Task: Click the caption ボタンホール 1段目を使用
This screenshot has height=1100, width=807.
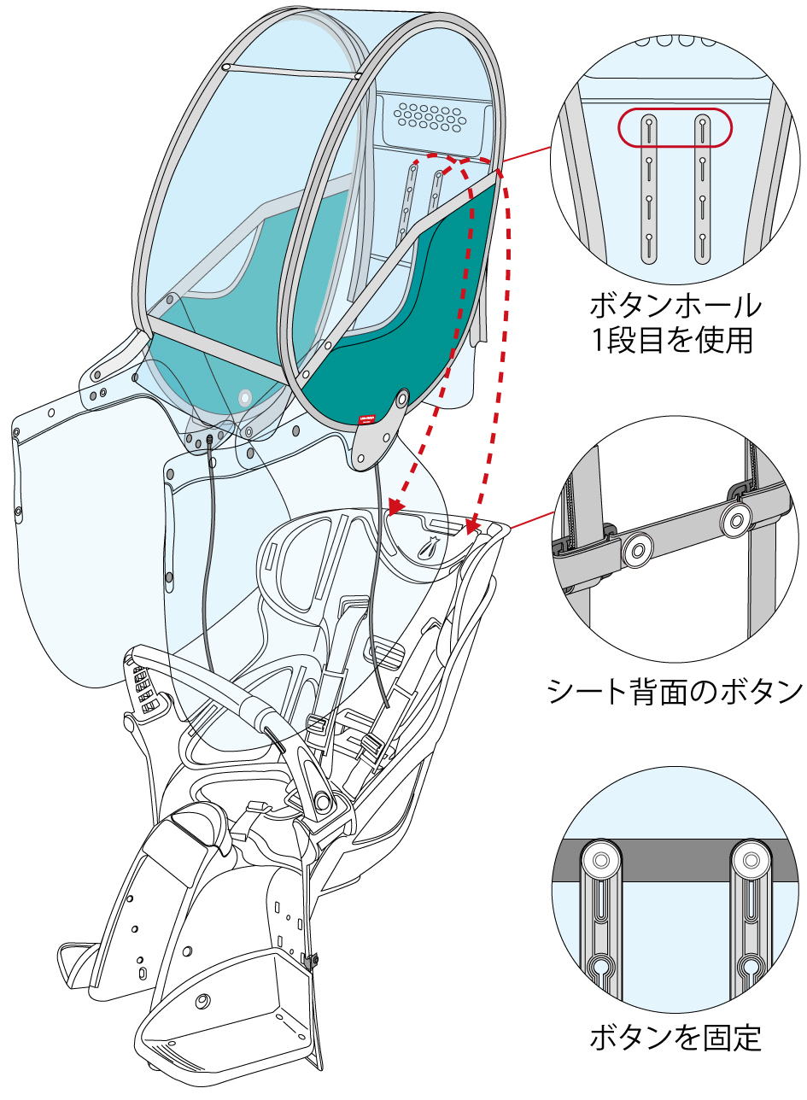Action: (x=675, y=322)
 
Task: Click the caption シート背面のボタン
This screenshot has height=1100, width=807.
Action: (x=675, y=690)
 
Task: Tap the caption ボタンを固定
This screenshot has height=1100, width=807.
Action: (x=675, y=1038)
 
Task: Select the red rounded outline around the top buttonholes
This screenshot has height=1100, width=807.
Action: (x=675, y=128)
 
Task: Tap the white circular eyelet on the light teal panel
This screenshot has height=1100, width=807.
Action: (x=245, y=397)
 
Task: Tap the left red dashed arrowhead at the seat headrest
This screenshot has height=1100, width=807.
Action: (x=393, y=507)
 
